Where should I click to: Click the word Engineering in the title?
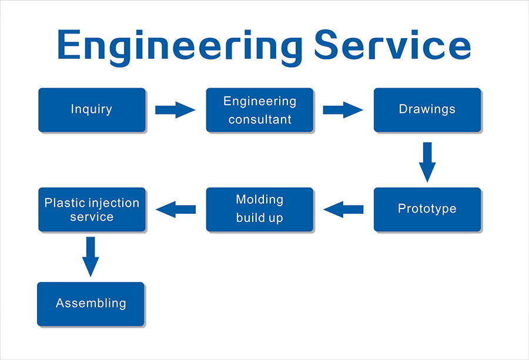point(180,47)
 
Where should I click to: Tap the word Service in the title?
point(393,45)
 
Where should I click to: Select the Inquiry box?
point(92,110)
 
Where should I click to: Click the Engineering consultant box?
point(260,110)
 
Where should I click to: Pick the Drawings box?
point(427,110)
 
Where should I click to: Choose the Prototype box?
point(427,209)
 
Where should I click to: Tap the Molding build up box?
point(260,209)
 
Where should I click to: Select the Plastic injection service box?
point(92,209)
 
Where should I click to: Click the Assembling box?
point(91,304)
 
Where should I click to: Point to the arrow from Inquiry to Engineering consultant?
point(175,110)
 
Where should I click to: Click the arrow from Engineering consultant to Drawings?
point(343,110)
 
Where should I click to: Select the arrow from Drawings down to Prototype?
point(427,162)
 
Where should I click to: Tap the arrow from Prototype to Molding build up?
point(343,209)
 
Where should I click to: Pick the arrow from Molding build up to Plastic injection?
point(176,209)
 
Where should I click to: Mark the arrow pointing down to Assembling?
point(91,257)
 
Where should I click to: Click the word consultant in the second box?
point(260,119)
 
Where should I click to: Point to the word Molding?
point(259,200)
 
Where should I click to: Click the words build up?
point(259,218)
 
